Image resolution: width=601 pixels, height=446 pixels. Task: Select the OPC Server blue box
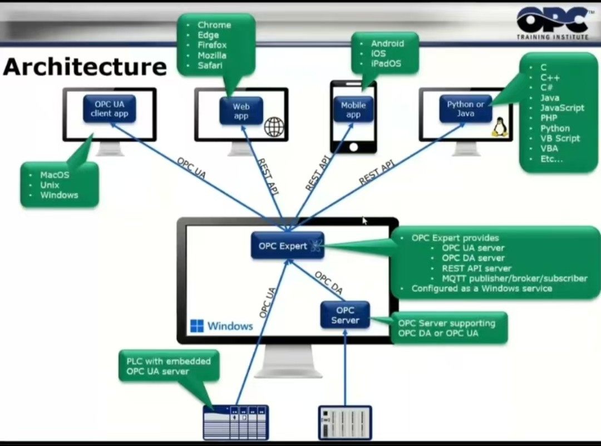(345, 315)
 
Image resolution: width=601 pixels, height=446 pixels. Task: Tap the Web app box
(241, 111)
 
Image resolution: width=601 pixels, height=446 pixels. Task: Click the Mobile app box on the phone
(353, 110)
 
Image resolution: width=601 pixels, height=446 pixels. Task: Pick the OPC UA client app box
(110, 109)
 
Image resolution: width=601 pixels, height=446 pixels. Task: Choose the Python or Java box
(466, 109)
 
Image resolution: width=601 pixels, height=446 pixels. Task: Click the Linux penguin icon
(498, 127)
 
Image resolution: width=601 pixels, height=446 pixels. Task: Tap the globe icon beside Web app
(274, 127)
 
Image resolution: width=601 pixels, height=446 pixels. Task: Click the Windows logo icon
(196, 326)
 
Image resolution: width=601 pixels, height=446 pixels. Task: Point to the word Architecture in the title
(85, 67)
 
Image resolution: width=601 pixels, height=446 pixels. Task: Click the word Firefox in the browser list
(212, 45)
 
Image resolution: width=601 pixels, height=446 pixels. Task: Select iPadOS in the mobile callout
(386, 63)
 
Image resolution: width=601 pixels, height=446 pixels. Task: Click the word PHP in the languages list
(549, 118)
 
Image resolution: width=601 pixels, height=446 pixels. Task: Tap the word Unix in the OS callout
(50, 185)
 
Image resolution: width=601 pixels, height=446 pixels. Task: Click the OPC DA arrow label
(328, 282)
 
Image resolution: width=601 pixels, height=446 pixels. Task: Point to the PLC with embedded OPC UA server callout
(169, 366)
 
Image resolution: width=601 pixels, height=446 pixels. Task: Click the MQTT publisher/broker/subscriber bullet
(515, 278)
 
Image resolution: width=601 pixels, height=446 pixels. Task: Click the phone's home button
(353, 147)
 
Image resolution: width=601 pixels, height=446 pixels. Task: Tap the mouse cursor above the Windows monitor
(365, 221)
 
